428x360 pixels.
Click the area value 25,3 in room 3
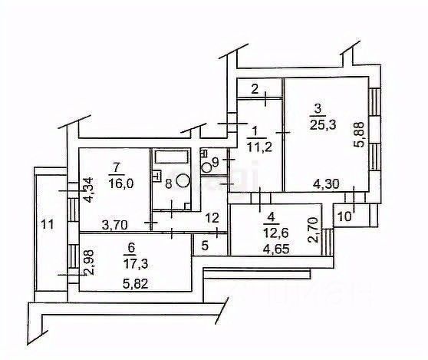323,125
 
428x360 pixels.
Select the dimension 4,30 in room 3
326,184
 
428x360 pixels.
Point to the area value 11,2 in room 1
259,147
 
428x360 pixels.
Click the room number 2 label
255,89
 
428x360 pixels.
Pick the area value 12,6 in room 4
275,233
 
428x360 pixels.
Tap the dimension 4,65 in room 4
276,249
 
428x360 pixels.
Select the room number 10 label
344,216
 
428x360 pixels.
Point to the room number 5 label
205,246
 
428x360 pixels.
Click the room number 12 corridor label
212,218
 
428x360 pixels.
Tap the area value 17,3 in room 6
136,264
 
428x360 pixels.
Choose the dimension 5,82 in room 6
136,284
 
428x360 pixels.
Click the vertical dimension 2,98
90,263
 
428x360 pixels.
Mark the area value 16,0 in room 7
120,183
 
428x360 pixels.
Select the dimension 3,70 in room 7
114,225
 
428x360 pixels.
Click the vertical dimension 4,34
89,190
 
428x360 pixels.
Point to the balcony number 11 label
48,225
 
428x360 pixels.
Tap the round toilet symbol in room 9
207,167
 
